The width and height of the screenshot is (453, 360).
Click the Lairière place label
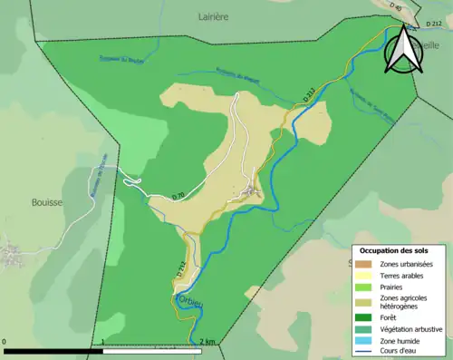[215, 16]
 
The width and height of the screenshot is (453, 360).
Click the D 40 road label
[395, 7]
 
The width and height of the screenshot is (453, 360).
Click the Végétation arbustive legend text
[412, 328]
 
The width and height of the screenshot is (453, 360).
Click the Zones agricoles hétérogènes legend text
[405, 302]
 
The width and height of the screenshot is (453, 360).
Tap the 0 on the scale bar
[5, 342]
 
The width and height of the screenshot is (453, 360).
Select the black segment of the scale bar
[53, 350]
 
